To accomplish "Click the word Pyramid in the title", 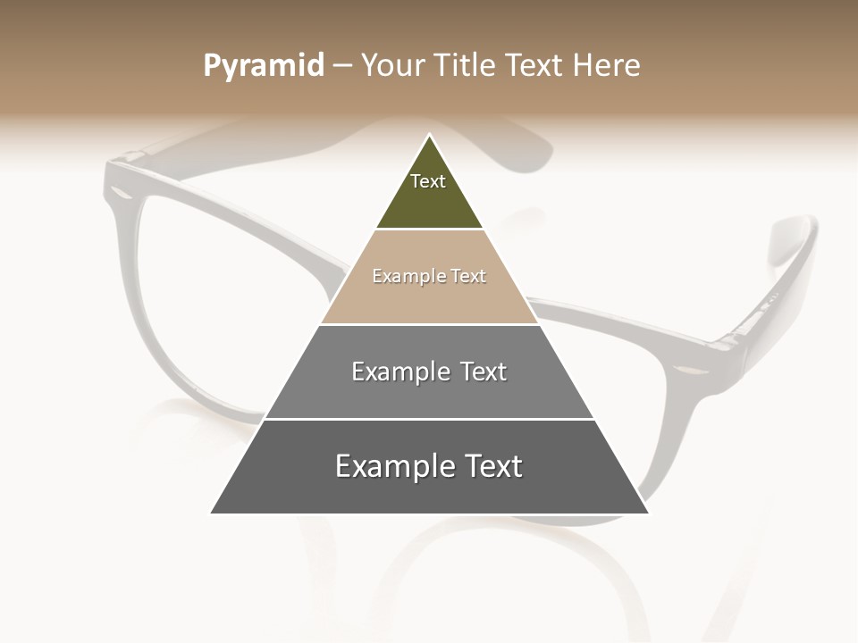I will point(264,65).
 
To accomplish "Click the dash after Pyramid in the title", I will point(342,65).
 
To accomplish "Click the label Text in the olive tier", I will point(428,181).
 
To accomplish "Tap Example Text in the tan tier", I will point(429,276).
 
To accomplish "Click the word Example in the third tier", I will point(391,372).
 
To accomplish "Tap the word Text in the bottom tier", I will point(491,466).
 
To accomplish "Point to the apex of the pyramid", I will point(430,136).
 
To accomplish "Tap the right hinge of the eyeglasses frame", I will point(724,344).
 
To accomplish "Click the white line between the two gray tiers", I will point(429,419).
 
